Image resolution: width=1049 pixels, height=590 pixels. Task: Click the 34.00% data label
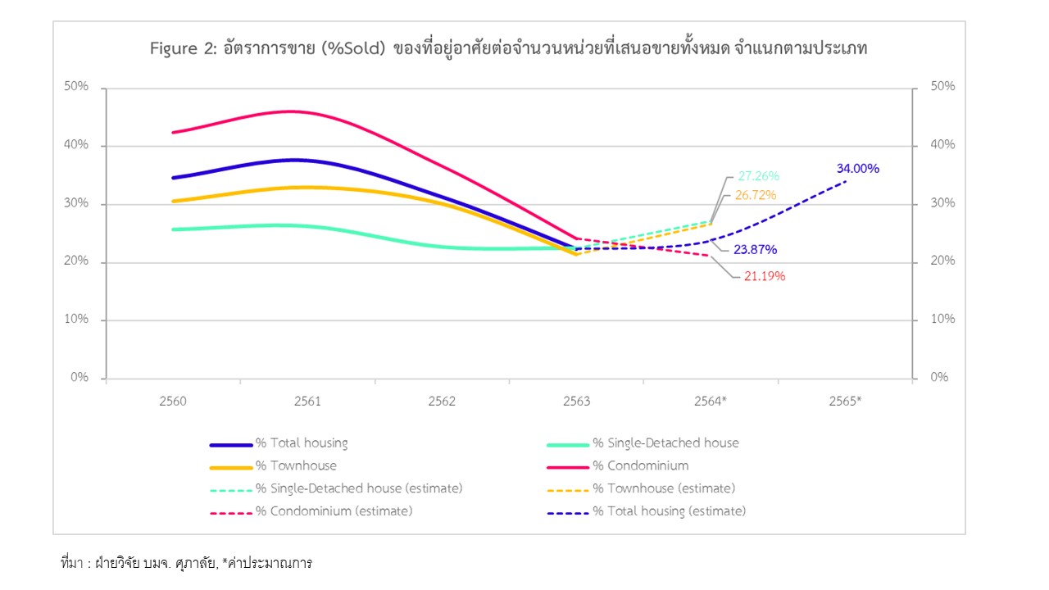coord(857,169)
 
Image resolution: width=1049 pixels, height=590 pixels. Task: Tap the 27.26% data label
coord(758,176)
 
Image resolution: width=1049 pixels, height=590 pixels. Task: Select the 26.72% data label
coord(756,195)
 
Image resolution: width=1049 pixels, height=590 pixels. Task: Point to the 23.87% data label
coord(756,249)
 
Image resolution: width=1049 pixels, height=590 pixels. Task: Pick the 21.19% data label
coord(765,276)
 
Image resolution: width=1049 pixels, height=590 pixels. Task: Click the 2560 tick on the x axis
coord(172,402)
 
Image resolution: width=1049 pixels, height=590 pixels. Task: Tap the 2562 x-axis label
coord(442,402)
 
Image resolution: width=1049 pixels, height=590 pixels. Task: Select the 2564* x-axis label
coord(711,402)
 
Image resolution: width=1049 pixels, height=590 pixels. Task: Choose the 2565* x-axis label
coord(846,402)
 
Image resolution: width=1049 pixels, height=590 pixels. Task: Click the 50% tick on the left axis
coord(76,88)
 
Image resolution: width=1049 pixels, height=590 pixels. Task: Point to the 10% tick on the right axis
coord(942,319)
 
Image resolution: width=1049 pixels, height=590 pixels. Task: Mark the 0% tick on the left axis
coord(79,378)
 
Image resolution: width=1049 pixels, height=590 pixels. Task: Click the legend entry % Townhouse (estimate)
coord(664,488)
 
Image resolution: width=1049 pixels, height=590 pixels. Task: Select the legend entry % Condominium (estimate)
coord(334,511)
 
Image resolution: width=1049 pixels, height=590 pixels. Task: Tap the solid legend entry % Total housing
coord(301,443)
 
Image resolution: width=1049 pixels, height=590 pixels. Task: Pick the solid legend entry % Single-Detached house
coord(665,443)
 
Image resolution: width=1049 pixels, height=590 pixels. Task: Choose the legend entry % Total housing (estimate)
coord(669,511)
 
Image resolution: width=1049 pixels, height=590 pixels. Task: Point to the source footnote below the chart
coord(187,564)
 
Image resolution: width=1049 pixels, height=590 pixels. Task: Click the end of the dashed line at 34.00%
coord(847,180)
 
